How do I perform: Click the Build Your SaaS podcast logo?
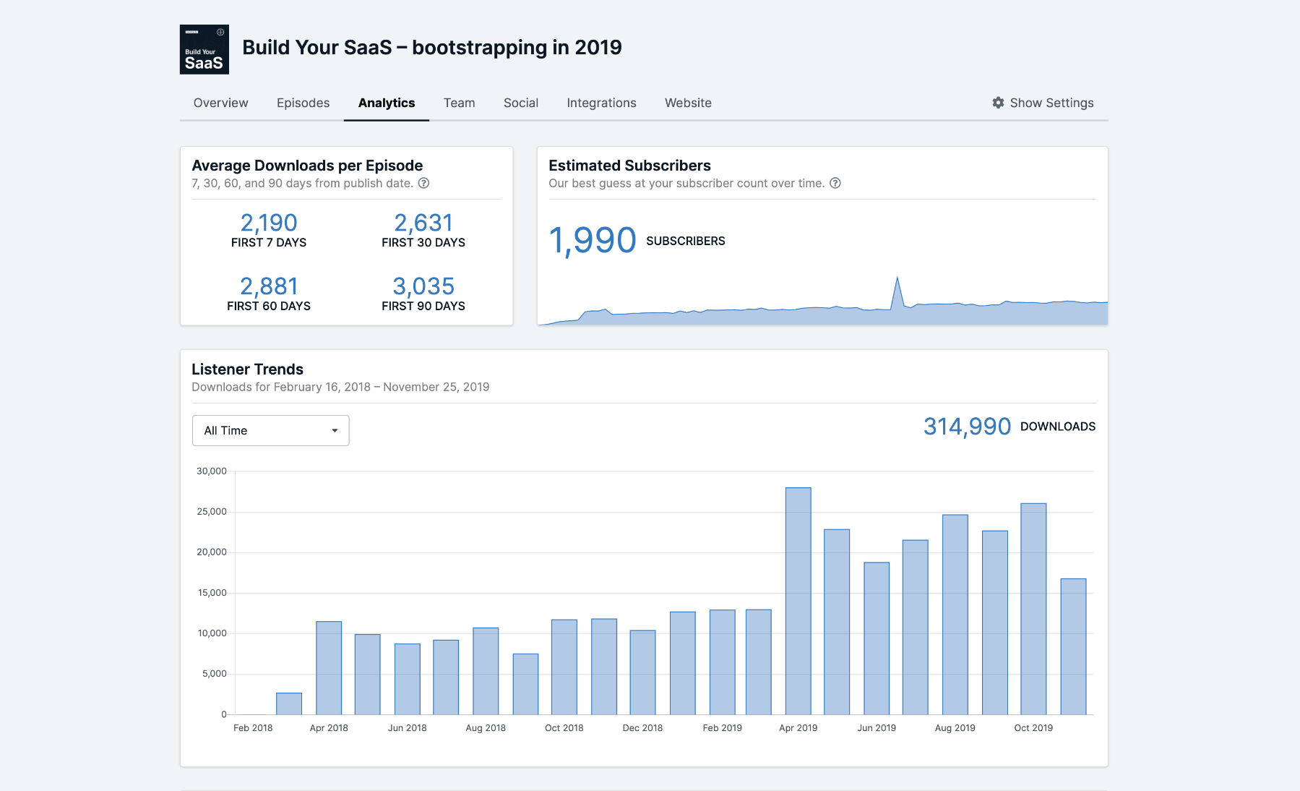205,49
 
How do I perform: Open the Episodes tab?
303,103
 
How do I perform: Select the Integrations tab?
601,103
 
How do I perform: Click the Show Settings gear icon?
998,103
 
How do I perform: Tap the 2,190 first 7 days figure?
269,223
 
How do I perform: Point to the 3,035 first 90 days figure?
423,286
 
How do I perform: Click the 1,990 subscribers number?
593,240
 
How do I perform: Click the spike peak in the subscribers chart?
897,278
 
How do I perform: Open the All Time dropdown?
270,430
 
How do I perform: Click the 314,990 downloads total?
967,427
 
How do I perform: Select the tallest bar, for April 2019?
798,600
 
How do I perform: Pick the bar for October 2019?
1033,608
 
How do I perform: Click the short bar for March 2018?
289,704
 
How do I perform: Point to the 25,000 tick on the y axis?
212,512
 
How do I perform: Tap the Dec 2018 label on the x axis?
642,728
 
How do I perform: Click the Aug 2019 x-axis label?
955,728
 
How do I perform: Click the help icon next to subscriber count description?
835,183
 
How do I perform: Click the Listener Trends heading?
247,369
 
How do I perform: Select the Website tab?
688,103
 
